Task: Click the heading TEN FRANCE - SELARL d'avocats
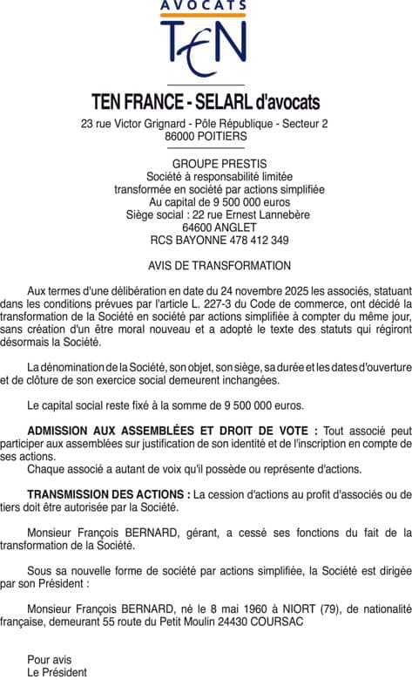[x=206, y=102]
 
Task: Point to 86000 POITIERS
[x=206, y=137]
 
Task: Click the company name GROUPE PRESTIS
[x=206, y=164]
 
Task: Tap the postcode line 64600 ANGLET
[x=206, y=228]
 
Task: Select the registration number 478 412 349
[x=253, y=240]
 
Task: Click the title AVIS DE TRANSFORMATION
[x=206, y=266]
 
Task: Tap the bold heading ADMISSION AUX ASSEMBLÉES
[x=123, y=431]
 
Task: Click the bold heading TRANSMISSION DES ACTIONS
[x=109, y=494]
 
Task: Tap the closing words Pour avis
[x=50, y=659]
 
